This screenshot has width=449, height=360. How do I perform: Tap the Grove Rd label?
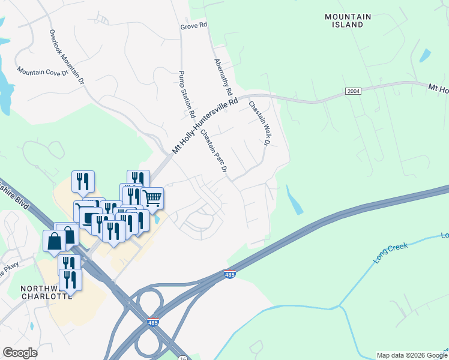(x=193, y=26)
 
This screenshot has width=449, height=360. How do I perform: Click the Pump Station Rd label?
(x=187, y=94)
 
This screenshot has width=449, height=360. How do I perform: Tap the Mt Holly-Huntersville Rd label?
(x=205, y=126)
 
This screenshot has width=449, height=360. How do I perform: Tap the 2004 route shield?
(x=354, y=91)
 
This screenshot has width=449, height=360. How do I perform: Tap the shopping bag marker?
(x=54, y=241)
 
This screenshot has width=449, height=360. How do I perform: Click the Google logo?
(x=20, y=353)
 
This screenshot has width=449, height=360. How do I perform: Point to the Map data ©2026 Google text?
(x=411, y=355)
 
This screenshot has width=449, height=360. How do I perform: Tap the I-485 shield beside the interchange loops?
(x=153, y=323)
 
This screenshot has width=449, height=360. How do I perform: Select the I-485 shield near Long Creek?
(x=229, y=274)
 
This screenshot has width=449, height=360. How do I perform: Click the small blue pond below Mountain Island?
(x=425, y=55)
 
